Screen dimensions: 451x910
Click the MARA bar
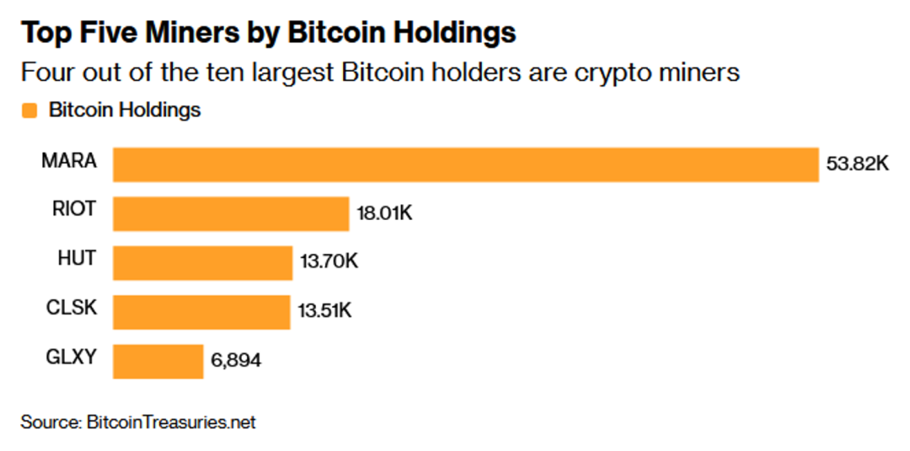(466, 164)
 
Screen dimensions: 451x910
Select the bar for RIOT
(231, 213)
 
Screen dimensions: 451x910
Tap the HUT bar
(202, 262)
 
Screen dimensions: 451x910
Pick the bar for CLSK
(201, 311)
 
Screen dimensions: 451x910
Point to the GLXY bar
(158, 361)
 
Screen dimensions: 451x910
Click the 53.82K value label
(857, 164)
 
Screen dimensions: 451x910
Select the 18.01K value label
(384, 213)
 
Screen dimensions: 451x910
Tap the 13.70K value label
(329, 262)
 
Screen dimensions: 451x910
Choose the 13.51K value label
(324, 311)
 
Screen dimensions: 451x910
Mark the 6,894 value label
(236, 361)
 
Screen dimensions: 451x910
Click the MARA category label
(69, 160)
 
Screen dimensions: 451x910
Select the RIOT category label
(73, 209)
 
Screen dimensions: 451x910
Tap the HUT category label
(77, 258)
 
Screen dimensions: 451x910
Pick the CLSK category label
(72, 307)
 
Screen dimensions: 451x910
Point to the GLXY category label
(71, 356)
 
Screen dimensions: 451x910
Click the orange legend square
(29, 110)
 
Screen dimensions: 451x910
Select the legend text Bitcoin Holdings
(125, 110)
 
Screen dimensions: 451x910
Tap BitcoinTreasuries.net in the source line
(171, 421)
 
